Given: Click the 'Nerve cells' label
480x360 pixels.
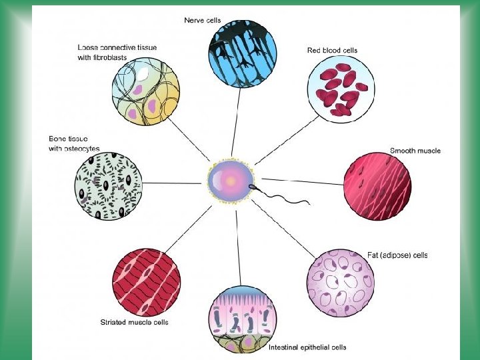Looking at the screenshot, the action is point(203,20).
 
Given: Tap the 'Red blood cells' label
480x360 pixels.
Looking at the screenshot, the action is point(332,50).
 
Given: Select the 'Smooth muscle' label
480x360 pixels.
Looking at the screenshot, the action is point(415,151).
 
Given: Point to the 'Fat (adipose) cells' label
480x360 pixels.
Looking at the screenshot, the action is point(397,255).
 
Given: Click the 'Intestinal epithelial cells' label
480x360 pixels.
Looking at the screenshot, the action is point(307,347).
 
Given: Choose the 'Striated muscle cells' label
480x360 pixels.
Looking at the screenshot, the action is point(134,322).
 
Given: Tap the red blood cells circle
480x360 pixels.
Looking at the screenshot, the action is point(341,89).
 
